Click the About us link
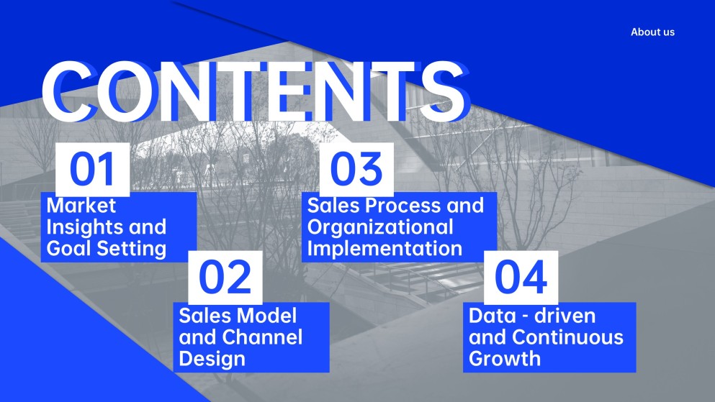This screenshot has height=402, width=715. [652, 32]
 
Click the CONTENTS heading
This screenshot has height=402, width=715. [256, 91]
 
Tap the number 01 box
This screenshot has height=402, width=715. [93, 170]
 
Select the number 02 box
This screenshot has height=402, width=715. [225, 278]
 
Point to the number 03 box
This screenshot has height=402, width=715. [356, 170]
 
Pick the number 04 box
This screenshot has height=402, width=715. [521, 278]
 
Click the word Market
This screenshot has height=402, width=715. [81, 206]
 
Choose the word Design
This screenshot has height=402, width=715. [212, 359]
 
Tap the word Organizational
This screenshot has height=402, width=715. [380, 227]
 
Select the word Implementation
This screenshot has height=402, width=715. [385, 249]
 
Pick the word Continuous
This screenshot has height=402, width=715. [567, 337]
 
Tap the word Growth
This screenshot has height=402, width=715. [505, 359]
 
